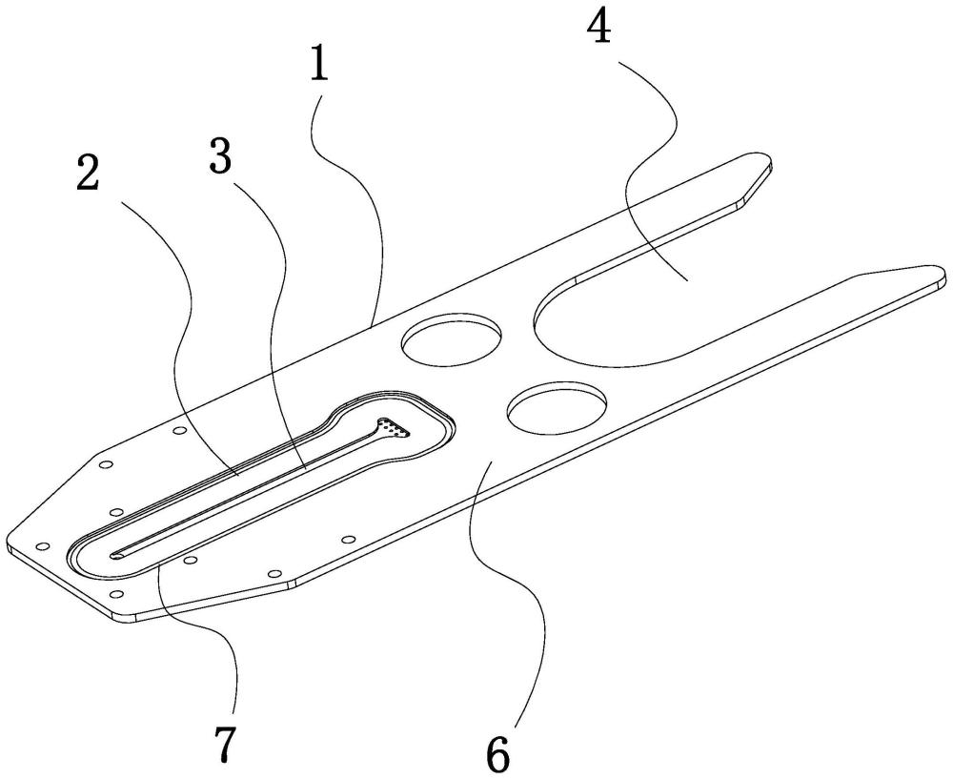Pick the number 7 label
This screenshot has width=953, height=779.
tap(222, 743)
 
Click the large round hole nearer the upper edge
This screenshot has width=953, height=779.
tap(452, 340)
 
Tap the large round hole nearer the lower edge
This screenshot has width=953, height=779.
tap(558, 409)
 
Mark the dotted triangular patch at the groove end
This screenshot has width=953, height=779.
tap(394, 427)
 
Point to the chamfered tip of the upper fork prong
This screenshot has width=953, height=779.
tap(757, 180)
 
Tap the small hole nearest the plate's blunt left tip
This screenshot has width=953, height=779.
tap(42, 546)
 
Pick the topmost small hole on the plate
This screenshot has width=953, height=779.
tap(179, 431)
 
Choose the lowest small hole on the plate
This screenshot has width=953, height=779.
tap(117, 594)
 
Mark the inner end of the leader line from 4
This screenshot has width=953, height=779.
tap(687, 279)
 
